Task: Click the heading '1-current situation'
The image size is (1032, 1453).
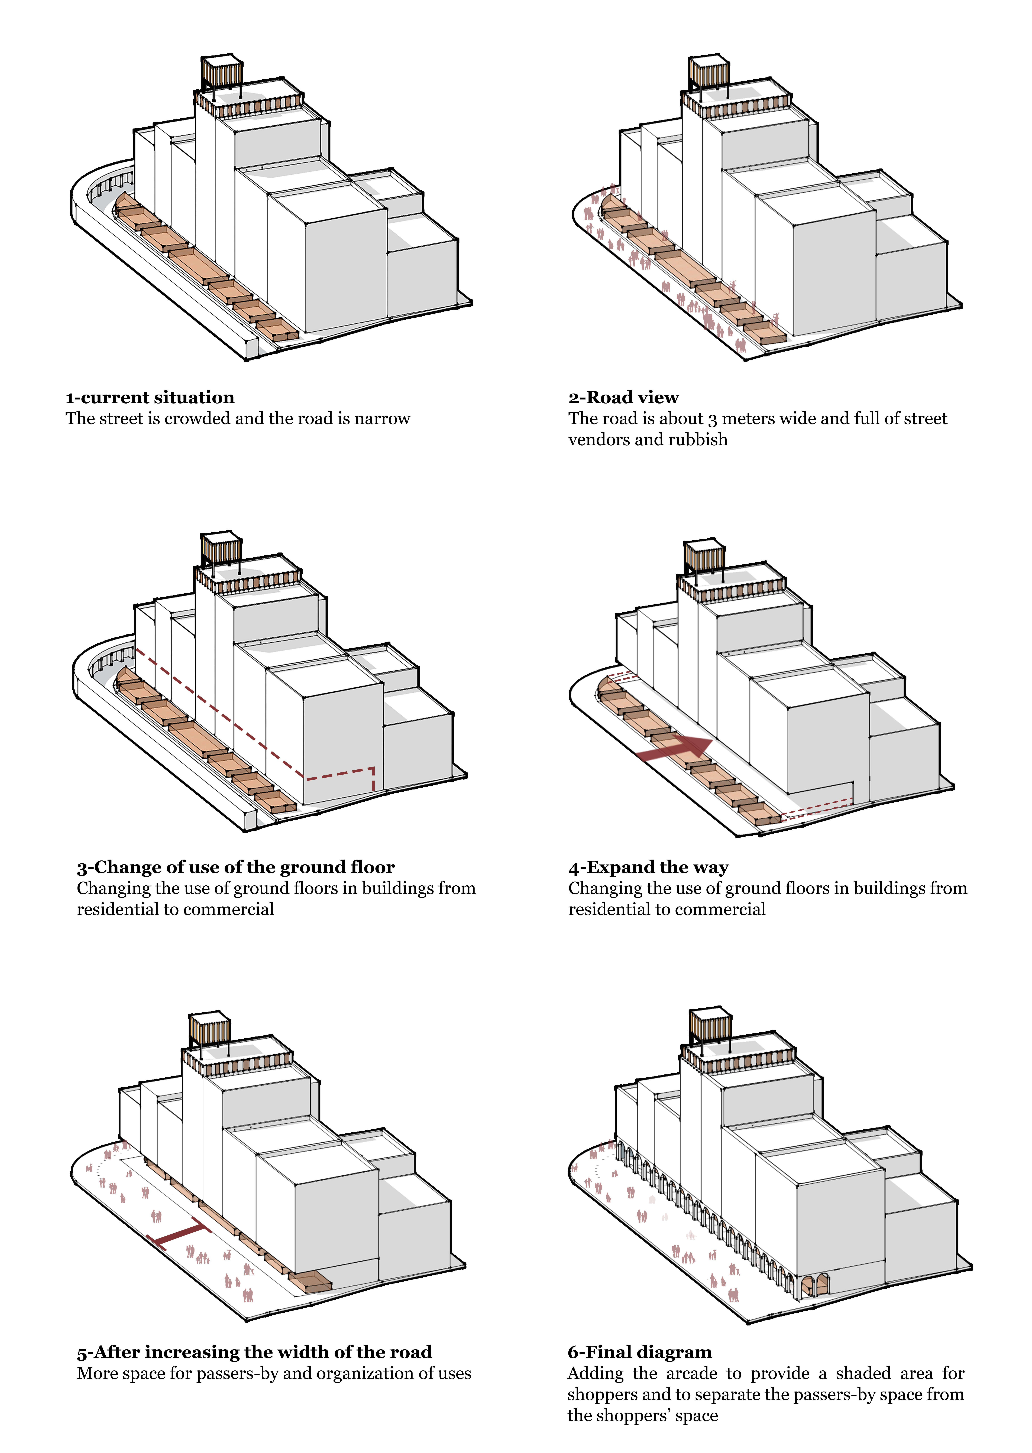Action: (150, 398)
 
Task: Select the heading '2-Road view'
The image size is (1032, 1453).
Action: (623, 398)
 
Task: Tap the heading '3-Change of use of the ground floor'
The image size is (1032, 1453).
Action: (236, 867)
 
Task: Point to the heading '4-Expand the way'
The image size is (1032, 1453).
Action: (648, 867)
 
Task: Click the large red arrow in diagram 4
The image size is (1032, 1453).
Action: (674, 750)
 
